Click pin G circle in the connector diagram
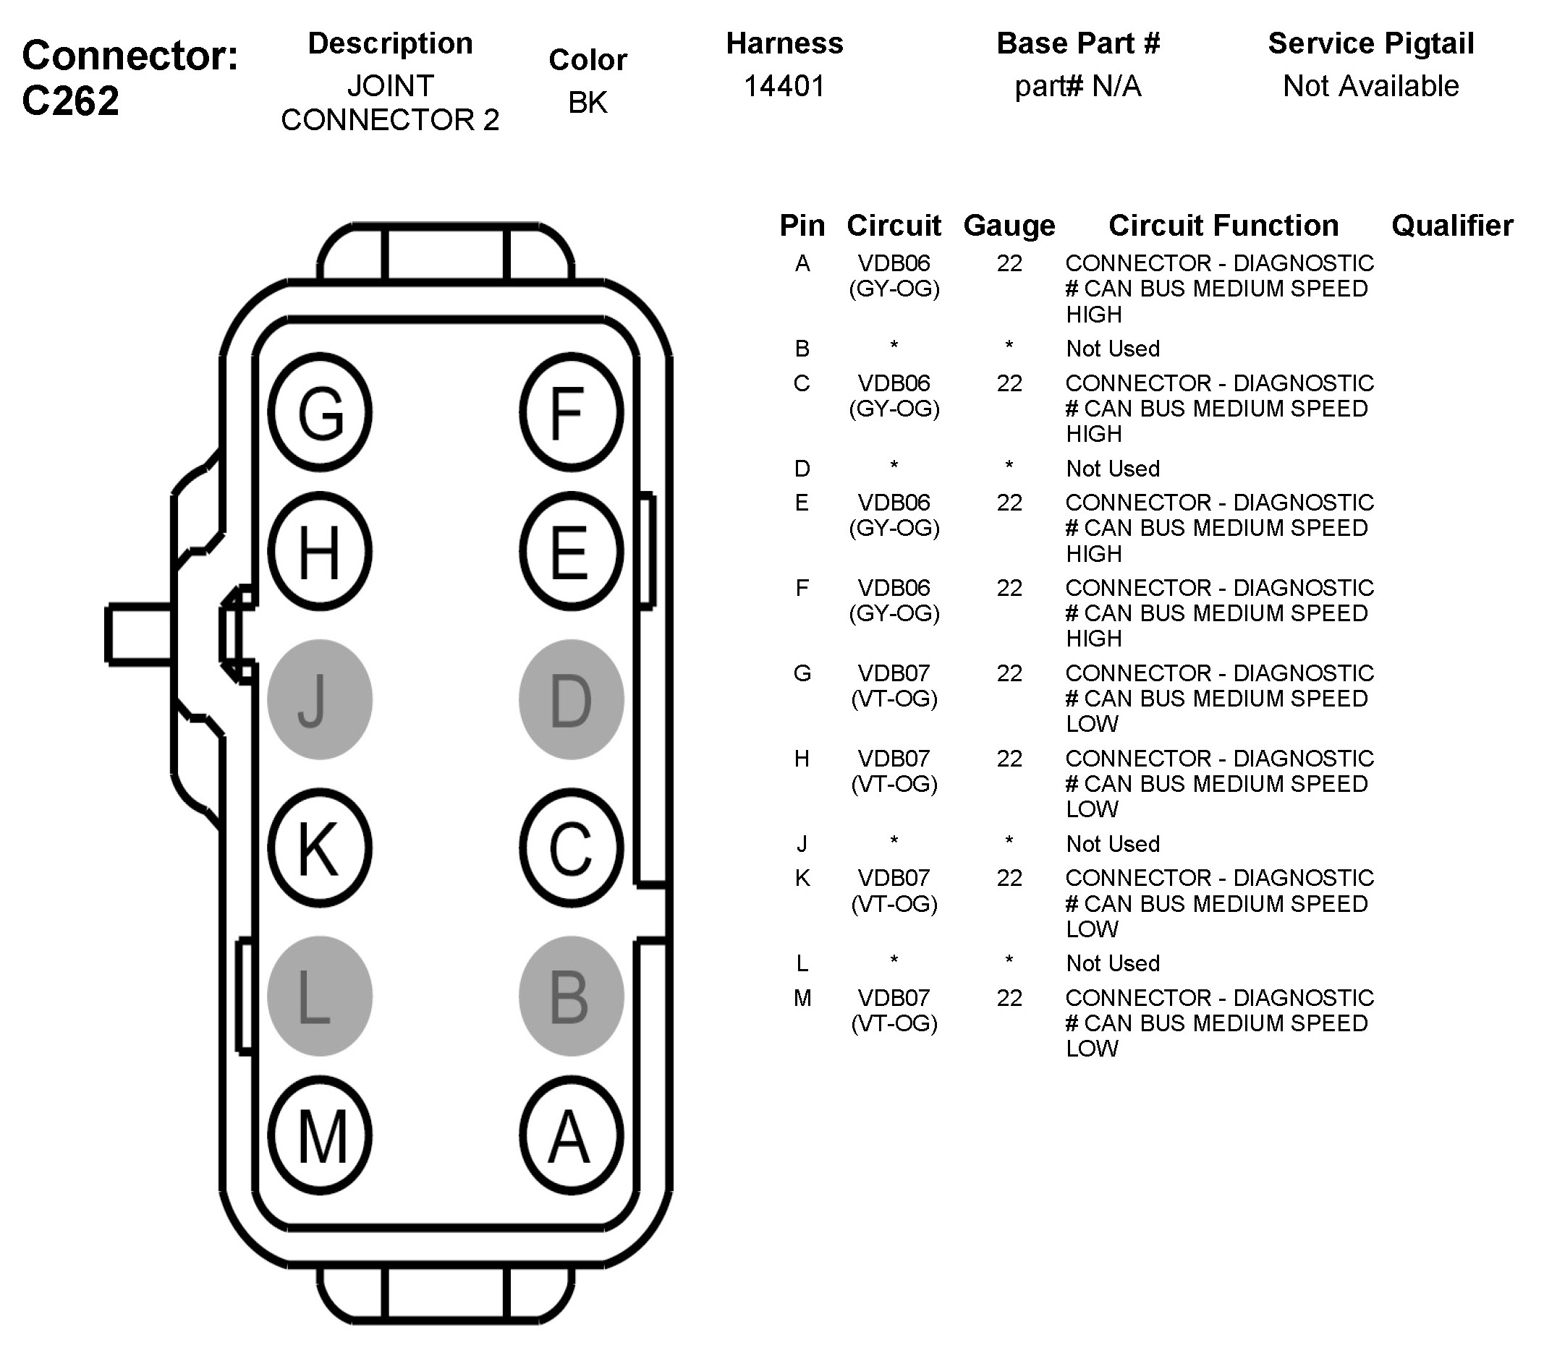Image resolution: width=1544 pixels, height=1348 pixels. pos(320,412)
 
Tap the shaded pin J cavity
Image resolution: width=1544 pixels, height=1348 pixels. pos(320,699)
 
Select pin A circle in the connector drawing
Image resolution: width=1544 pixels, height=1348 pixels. pos(571,1136)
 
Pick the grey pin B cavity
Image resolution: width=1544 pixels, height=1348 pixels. pos(571,997)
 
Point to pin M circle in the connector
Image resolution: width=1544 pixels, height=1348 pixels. pos(320,1136)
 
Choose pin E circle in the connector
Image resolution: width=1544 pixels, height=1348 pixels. pos(571,551)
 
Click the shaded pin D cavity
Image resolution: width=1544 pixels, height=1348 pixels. pos(571,699)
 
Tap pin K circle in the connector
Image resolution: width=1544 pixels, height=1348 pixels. pos(320,848)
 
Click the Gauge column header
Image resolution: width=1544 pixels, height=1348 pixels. pos(1009,226)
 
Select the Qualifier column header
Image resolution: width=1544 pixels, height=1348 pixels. pos(1452,226)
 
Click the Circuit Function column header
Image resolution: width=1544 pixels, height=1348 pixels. pos(1223,226)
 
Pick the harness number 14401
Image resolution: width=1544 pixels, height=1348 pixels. pos(784,87)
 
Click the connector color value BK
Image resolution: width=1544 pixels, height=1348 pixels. pos(588,103)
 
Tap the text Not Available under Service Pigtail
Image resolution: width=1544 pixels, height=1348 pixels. pos(1370,87)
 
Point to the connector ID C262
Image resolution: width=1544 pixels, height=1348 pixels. pos(71,101)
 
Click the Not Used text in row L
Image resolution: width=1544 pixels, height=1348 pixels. pos(1113,963)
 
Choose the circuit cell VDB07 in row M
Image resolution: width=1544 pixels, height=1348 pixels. pos(894,998)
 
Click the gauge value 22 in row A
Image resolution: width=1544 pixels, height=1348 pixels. pos(1009,263)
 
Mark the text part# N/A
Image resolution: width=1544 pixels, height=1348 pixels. pos(1077,87)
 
